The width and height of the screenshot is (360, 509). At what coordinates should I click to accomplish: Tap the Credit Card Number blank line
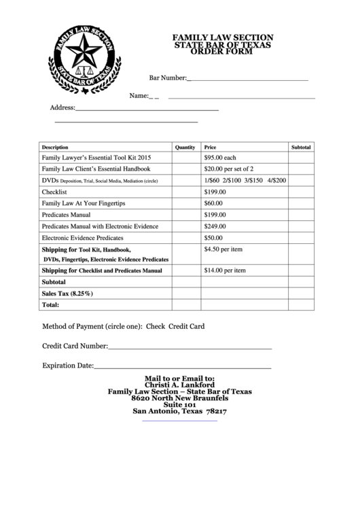[x=190, y=348]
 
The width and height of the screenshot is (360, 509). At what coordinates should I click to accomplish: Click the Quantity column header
[x=185, y=147]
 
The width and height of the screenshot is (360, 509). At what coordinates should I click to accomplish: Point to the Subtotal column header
[x=301, y=147]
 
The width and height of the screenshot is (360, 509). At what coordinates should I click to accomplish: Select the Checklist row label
[x=54, y=192]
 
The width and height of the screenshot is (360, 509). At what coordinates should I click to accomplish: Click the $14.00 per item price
[x=225, y=270]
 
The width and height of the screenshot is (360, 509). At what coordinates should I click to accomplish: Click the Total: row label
[x=51, y=305]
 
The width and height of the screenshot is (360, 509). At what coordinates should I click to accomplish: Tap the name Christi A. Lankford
[x=179, y=384]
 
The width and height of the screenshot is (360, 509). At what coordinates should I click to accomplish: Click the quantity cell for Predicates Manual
[x=185, y=215]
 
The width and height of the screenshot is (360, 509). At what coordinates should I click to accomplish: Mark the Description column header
[x=55, y=147]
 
